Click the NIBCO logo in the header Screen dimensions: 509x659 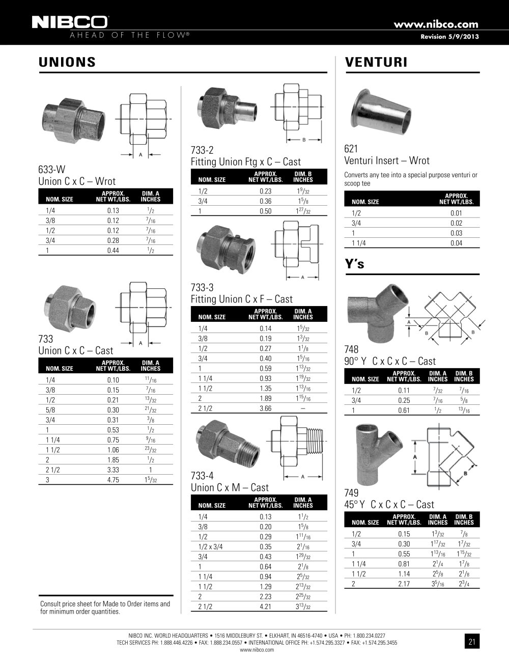(70, 22)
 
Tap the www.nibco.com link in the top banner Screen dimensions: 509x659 (436, 24)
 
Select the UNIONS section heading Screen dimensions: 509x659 (67, 62)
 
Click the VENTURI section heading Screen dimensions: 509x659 (376, 62)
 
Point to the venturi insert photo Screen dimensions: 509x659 (381, 112)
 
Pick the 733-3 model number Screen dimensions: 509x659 (202, 287)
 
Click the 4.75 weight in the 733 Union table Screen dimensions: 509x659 (113, 480)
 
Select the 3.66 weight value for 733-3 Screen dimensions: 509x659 (265, 408)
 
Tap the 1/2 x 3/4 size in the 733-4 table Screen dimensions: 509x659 (210, 546)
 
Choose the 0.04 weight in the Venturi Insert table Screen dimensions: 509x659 (456, 243)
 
